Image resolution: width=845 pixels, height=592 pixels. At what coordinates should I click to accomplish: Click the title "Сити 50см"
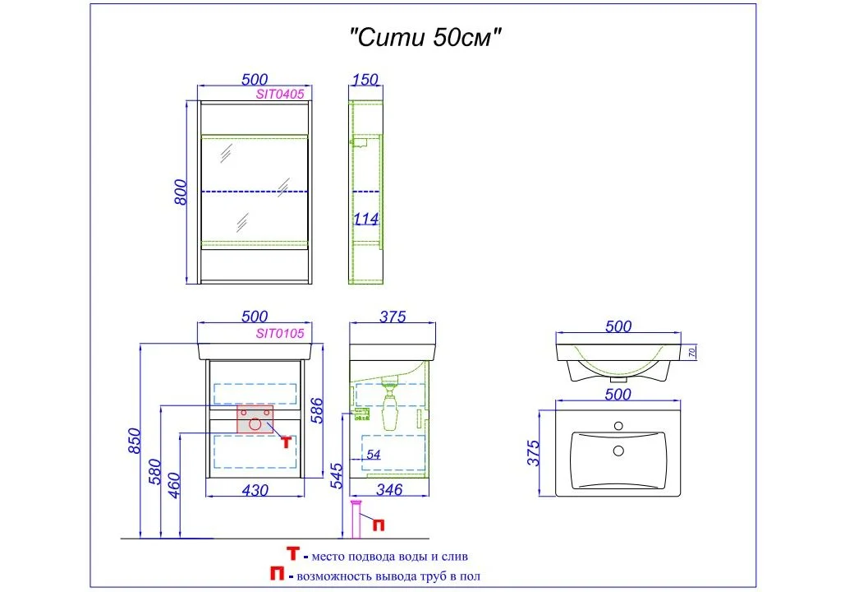click(425, 38)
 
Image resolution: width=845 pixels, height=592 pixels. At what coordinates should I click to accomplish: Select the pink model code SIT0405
click(280, 94)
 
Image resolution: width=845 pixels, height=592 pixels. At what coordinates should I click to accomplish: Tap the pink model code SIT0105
click(280, 334)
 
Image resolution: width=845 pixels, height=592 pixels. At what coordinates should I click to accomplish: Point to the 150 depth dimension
click(364, 80)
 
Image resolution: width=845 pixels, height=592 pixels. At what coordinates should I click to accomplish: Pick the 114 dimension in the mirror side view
click(365, 219)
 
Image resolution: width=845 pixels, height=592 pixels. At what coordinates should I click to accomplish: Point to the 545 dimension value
click(335, 475)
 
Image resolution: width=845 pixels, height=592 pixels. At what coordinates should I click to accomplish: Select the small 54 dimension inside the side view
click(373, 455)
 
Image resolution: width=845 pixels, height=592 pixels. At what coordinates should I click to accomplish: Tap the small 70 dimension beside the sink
click(691, 353)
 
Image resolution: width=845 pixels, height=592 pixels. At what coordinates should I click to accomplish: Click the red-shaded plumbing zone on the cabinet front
click(255, 419)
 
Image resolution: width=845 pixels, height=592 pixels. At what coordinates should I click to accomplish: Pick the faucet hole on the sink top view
click(618, 426)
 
